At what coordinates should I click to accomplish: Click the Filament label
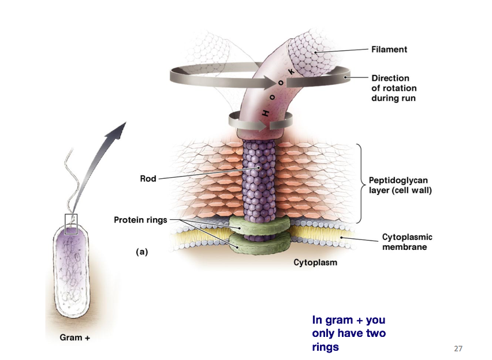tap(389, 50)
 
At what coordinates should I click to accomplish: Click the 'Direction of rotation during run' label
tap(393, 88)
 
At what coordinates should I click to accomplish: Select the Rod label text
tap(148, 179)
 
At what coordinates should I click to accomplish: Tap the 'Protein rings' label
tap(140, 220)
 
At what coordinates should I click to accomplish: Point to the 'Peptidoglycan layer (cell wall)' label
tap(400, 185)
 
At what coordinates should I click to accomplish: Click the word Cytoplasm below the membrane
tap(315, 262)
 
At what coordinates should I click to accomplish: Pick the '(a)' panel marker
tap(141, 252)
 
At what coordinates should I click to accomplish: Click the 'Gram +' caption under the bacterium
tap(75, 337)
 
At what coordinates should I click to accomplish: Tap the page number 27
tap(459, 348)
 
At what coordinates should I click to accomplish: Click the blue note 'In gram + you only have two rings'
tap(349, 333)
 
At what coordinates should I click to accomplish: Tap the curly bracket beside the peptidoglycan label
tap(361, 183)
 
